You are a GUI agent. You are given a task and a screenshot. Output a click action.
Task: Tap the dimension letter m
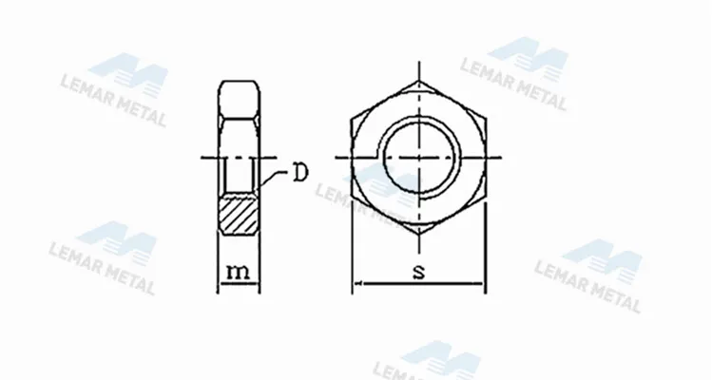tap(238, 272)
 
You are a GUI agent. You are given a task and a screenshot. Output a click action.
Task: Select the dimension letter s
tap(419, 272)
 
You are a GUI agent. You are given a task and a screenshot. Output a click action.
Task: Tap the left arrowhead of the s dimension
tap(357, 284)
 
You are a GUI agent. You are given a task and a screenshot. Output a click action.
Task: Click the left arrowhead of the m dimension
tap(221, 284)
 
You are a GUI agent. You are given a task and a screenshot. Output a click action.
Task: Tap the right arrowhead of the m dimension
tap(256, 284)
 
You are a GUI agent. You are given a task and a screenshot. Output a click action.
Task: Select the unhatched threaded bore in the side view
tap(239, 176)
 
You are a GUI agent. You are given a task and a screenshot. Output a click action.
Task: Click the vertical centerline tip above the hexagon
tap(419, 66)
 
